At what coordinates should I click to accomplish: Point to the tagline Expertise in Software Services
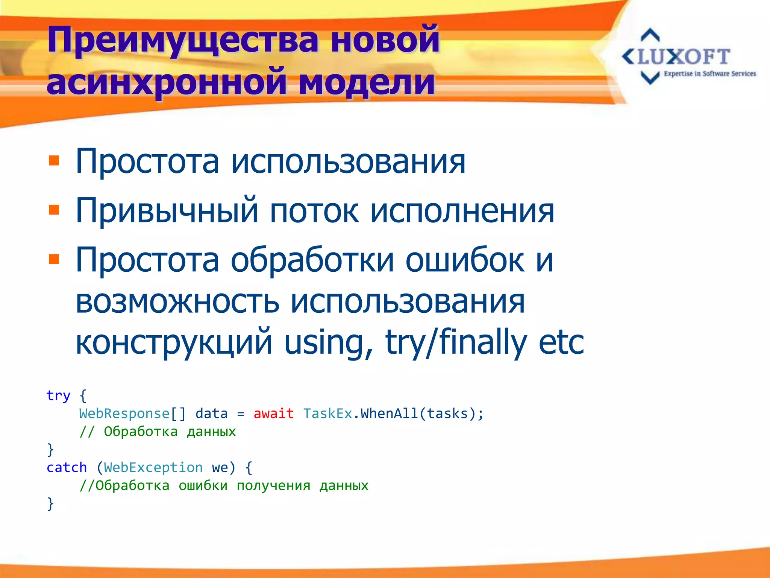click(x=709, y=74)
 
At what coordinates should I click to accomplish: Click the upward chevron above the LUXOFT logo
click(x=650, y=35)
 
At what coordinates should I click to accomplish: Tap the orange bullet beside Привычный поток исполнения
click(x=54, y=210)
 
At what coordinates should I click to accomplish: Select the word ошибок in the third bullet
click(x=465, y=260)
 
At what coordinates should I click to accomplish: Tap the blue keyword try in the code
click(x=58, y=396)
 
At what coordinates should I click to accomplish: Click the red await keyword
click(x=273, y=414)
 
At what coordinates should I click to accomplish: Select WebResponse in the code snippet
click(x=124, y=414)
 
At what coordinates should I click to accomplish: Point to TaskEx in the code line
click(x=327, y=414)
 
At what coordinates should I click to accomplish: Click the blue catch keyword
click(x=67, y=468)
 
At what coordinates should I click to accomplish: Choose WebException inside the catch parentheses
click(x=153, y=468)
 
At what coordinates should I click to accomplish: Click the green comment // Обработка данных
click(x=158, y=432)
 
